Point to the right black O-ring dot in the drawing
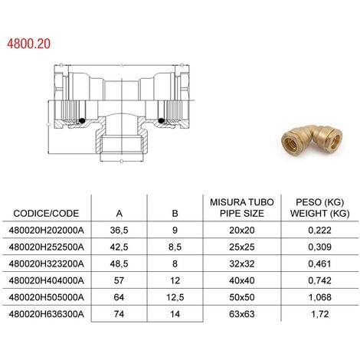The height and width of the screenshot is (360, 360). coord(162,119)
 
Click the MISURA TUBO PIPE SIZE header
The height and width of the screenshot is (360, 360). coord(237,207)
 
